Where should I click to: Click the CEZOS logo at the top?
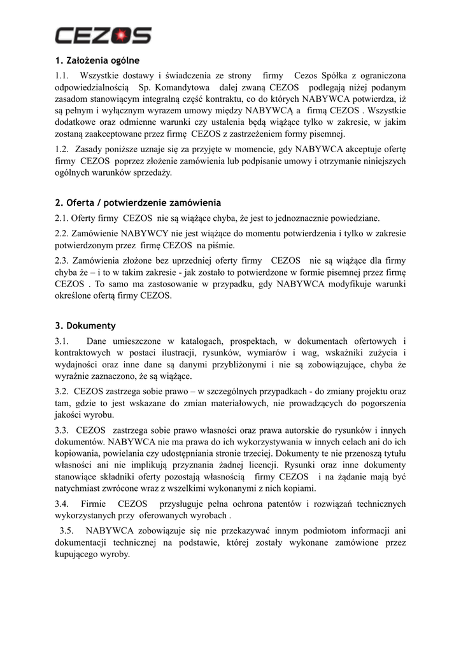[103, 35]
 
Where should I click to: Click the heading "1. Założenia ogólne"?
[97, 61]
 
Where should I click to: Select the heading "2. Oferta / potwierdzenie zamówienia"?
[138, 203]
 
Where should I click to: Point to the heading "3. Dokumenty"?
[85, 325]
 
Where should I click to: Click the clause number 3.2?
[62, 391]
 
